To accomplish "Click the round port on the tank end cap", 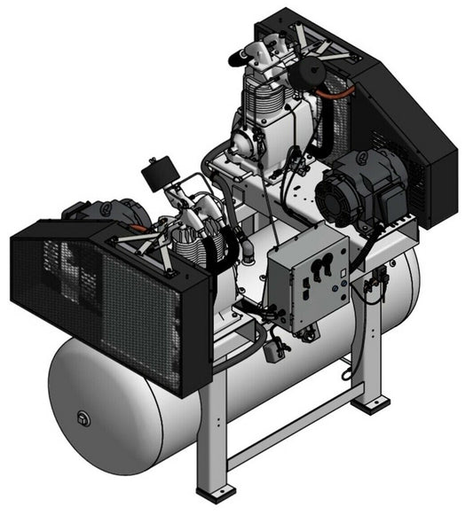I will (x=83, y=417).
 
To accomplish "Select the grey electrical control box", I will (x=306, y=278).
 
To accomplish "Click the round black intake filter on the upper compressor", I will (x=310, y=70).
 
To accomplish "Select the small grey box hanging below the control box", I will (x=275, y=350).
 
